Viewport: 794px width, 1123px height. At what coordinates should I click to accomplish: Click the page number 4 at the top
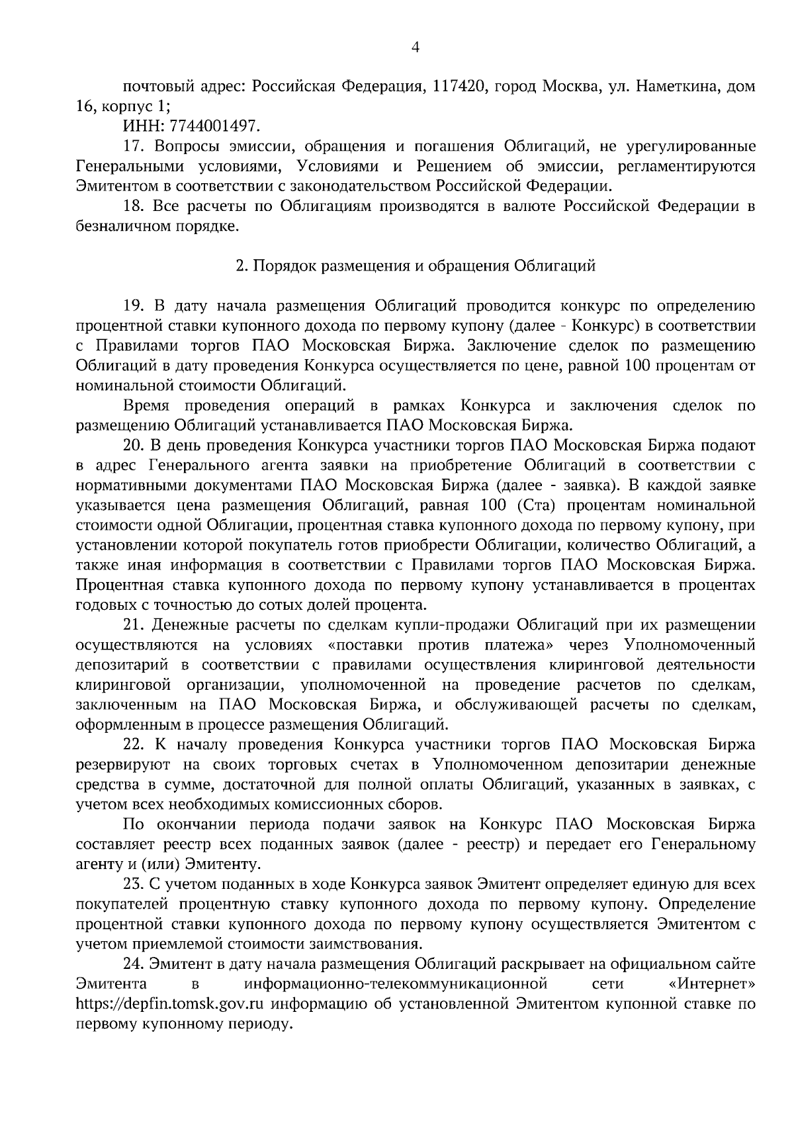(x=416, y=47)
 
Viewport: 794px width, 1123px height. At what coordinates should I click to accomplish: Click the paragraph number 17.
(x=132, y=146)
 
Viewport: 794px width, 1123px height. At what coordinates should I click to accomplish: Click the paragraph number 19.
(x=132, y=306)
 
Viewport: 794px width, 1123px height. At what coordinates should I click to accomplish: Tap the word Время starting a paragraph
(x=147, y=405)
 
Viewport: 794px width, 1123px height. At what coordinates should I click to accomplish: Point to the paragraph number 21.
(x=132, y=624)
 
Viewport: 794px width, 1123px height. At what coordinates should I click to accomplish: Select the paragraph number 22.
(x=132, y=745)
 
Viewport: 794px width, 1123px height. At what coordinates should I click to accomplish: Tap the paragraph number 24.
(x=132, y=964)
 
